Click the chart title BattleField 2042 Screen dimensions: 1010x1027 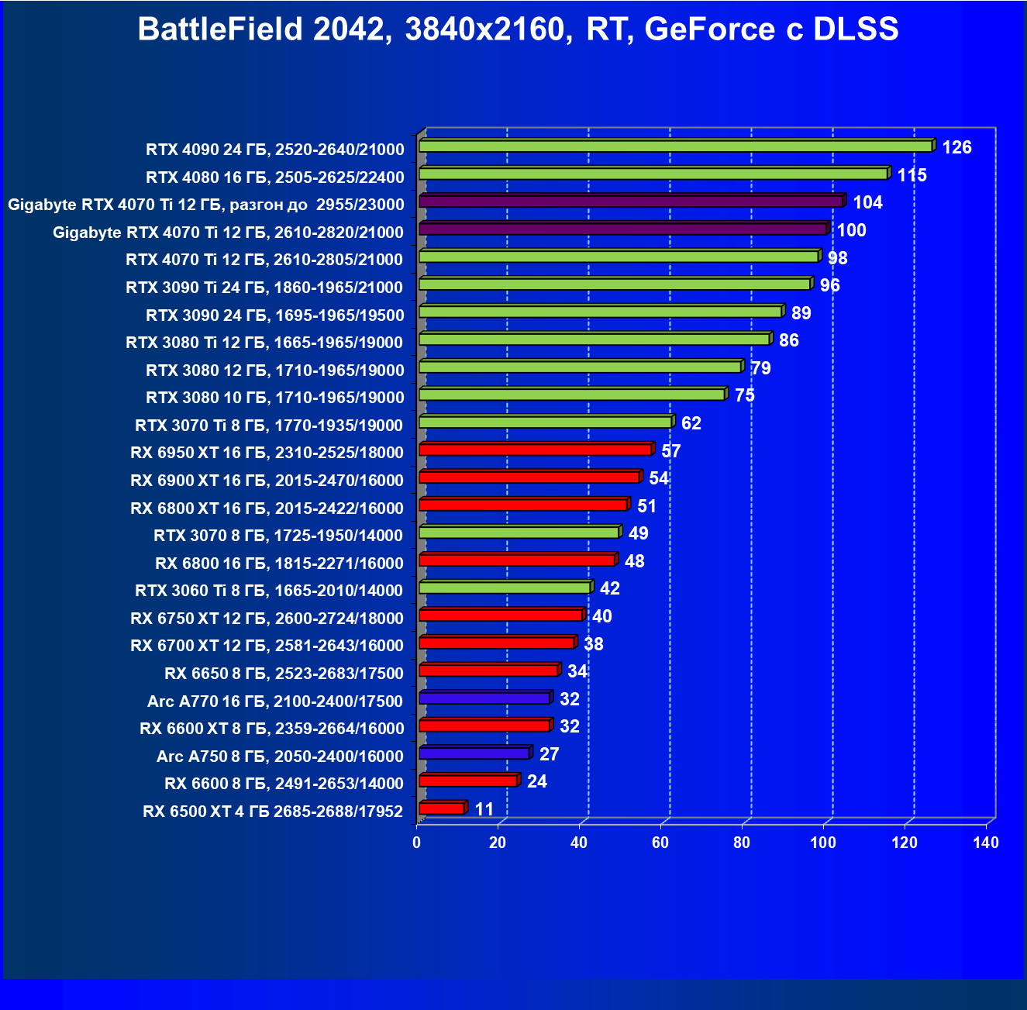tap(518, 29)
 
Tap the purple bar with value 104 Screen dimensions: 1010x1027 tap(630, 202)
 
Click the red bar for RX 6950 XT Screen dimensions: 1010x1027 tap(535, 450)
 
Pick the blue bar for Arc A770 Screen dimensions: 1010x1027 tap(484, 698)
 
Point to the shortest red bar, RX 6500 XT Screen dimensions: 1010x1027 tap(441, 808)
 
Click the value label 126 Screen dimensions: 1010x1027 tap(956, 147)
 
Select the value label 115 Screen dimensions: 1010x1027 tap(912, 175)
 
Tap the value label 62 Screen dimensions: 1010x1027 tap(691, 423)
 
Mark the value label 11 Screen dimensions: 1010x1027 tap(484, 809)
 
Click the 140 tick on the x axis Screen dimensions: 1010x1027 tap(986, 843)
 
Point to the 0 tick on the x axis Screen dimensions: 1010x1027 tap(417, 843)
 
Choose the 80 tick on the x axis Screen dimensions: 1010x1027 tap(742, 843)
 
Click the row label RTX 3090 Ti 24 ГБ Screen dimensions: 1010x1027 tap(264, 288)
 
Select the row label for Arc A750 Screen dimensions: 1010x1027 tap(280, 757)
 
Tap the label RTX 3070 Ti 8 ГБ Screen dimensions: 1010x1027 tap(269, 426)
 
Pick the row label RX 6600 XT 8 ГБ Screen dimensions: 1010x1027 tap(272, 729)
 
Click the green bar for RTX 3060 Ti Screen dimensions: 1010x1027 tap(504, 588)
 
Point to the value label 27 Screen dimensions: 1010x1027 tap(549, 754)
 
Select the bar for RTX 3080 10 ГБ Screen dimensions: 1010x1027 tap(571, 395)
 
